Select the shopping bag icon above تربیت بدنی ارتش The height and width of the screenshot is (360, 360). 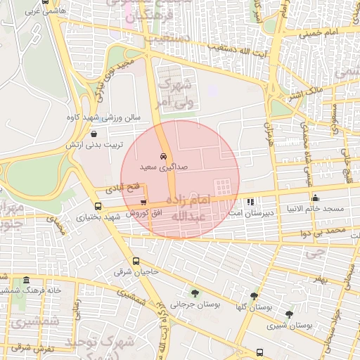pyautogui.click(x=94, y=134)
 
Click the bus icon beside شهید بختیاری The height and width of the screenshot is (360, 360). pyautogui.click(x=97, y=207)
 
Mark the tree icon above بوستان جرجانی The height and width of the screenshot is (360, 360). pyautogui.click(x=195, y=294)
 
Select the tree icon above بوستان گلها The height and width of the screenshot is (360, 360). pyautogui.click(x=254, y=297)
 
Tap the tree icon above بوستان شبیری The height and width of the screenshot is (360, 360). pyautogui.click(x=289, y=314)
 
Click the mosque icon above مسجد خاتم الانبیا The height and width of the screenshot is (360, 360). pyautogui.click(x=314, y=198)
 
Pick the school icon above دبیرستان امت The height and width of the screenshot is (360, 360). pyautogui.click(x=251, y=202)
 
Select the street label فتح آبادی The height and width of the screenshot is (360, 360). pyautogui.click(x=124, y=188)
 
